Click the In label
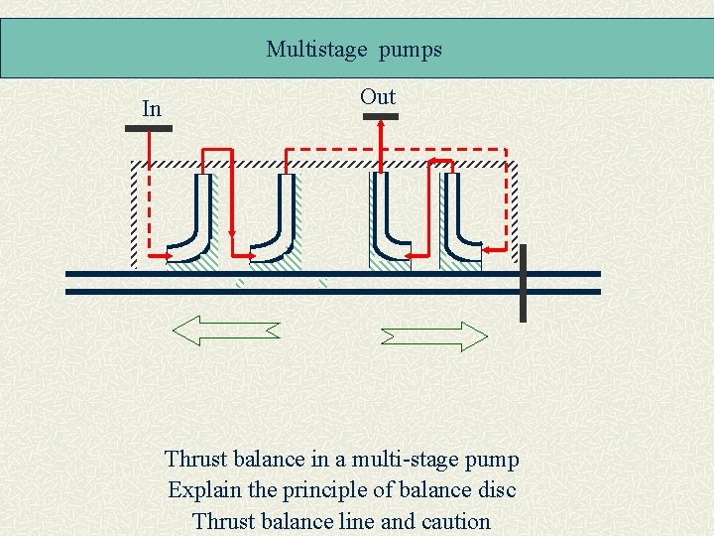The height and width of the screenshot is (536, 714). coord(152,109)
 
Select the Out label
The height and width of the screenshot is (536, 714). coord(378,97)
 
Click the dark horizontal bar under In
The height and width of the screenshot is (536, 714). coord(149,128)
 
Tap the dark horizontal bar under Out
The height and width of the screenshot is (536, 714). coord(380,117)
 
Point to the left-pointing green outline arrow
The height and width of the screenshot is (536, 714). coord(226,331)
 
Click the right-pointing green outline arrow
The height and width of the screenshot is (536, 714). coord(434,335)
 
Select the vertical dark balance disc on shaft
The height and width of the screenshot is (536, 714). coord(523,283)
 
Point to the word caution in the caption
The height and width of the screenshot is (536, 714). coord(455,521)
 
